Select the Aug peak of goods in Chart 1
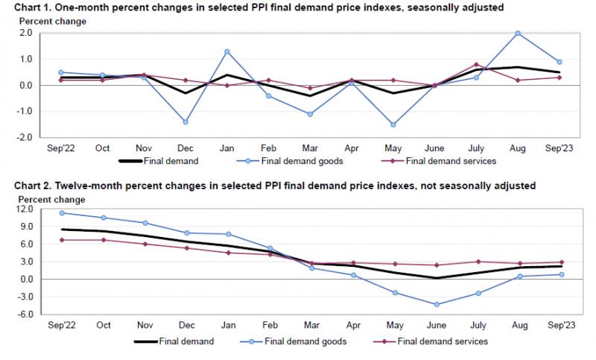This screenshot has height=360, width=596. (x=518, y=34)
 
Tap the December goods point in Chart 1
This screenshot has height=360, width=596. (x=185, y=121)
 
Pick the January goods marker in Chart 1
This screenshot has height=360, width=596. (x=226, y=51)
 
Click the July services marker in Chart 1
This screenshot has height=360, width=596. (x=476, y=64)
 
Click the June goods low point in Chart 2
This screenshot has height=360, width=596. (x=435, y=304)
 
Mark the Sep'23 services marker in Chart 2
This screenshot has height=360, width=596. (x=559, y=262)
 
